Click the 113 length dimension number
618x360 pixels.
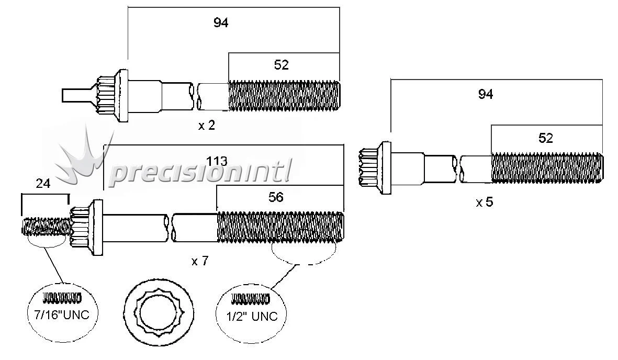[x=217, y=161]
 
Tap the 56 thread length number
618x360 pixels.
[x=276, y=197]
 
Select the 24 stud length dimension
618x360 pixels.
[x=43, y=184]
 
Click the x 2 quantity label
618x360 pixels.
[x=207, y=126]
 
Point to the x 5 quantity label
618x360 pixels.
[x=485, y=203]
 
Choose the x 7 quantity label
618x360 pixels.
[x=200, y=261]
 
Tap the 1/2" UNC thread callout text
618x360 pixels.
[x=252, y=316]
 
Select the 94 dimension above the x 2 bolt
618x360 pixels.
[x=221, y=23]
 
